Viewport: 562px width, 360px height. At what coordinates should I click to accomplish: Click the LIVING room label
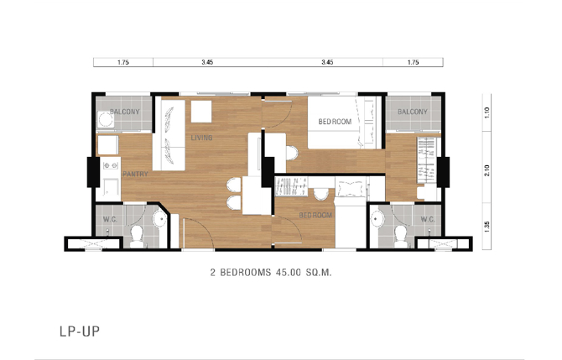click(201, 138)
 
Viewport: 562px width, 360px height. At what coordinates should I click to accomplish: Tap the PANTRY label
click(135, 174)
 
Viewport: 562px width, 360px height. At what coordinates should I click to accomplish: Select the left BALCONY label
click(125, 112)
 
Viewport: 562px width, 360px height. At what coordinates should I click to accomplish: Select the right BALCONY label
click(413, 112)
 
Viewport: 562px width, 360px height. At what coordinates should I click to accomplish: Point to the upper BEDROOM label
click(335, 122)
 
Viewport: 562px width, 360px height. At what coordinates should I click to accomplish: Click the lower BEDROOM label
click(315, 215)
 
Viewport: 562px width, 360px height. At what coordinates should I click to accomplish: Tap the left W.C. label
click(110, 220)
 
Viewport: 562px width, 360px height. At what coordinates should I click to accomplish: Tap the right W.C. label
click(428, 219)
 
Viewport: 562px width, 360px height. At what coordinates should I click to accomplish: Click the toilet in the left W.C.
click(137, 237)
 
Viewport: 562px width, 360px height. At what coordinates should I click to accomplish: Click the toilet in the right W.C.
click(401, 237)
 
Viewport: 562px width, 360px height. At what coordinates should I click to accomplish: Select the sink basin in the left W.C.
click(159, 219)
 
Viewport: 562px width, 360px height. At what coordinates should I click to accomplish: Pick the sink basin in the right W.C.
click(377, 218)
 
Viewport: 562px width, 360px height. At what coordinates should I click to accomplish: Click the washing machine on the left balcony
click(106, 119)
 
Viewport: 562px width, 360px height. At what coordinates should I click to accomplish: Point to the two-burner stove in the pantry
click(111, 165)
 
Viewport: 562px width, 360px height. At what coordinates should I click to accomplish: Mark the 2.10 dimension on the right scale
click(487, 170)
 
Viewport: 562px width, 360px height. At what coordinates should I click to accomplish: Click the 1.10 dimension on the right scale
click(487, 112)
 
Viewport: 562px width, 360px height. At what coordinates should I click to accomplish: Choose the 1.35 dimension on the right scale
click(487, 227)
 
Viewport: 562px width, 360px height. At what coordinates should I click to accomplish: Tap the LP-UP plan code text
click(80, 331)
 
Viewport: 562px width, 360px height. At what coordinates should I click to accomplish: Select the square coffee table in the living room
click(201, 112)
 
